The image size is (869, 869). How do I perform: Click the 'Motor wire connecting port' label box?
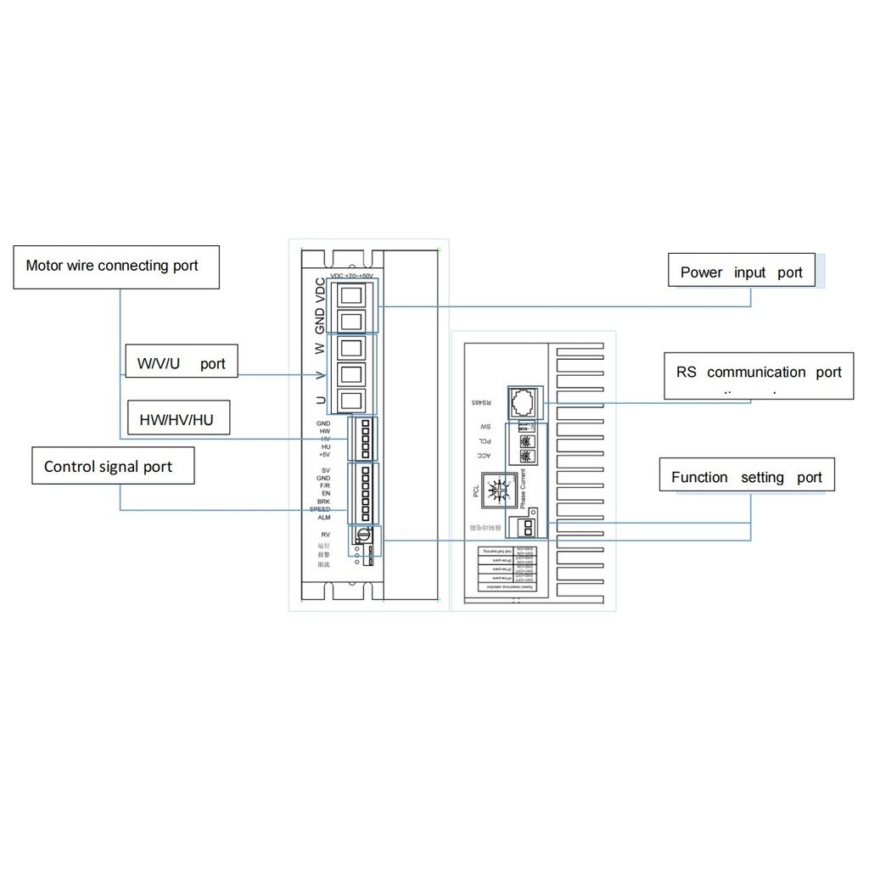116,266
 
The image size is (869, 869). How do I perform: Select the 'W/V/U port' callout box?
182,362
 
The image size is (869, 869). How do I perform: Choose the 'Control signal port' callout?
113,466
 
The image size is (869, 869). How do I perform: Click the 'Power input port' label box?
741,272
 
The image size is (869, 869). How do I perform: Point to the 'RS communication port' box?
759,375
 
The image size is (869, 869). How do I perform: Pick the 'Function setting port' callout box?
747,476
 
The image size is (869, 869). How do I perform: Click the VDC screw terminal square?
352,294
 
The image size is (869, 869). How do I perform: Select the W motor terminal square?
352,348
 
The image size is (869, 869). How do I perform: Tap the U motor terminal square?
352,400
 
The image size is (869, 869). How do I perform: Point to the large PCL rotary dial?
497,492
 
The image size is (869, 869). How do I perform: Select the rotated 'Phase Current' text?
524,488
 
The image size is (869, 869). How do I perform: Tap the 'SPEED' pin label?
321,509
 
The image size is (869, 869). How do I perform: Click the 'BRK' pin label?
323,502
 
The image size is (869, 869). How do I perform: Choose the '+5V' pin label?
323,455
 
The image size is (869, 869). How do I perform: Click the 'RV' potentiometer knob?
362,535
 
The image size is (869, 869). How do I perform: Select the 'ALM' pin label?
323,517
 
